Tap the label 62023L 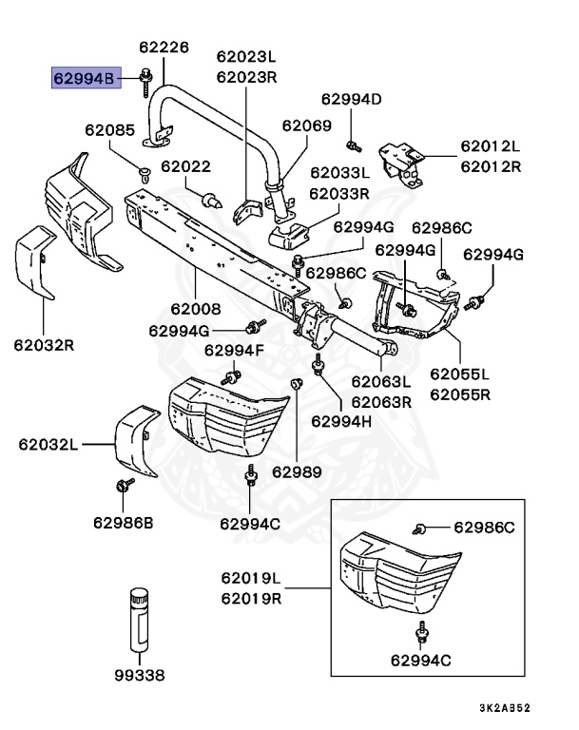point(245,56)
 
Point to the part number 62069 point(306,125)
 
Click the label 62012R point(491,166)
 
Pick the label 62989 point(297,471)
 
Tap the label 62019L point(251,578)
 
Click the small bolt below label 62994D point(352,145)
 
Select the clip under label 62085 point(145,172)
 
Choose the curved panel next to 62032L point(134,440)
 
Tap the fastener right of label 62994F point(228,378)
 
